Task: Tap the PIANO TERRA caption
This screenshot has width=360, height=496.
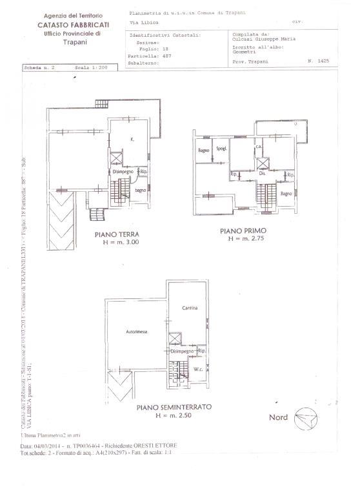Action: [117, 235]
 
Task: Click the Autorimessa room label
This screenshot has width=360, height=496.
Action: [136, 331]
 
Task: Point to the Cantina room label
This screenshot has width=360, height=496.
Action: [189, 307]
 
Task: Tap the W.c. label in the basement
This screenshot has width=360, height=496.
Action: [197, 370]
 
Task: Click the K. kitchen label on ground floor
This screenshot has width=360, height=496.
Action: [132, 139]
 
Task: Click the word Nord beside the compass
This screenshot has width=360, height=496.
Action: [279, 417]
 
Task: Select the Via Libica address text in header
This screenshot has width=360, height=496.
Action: [141, 21]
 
